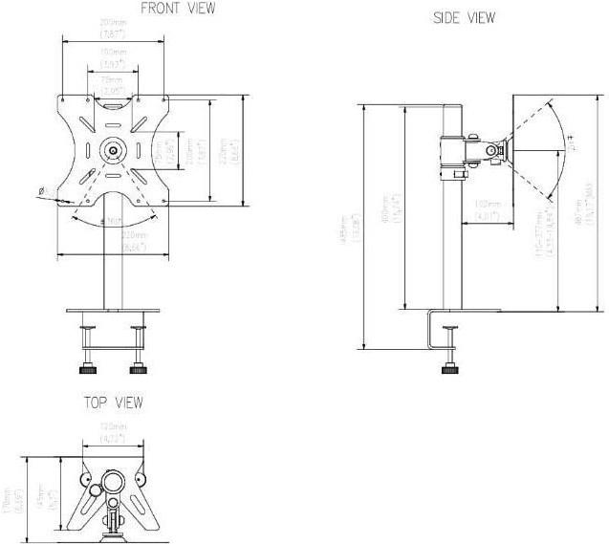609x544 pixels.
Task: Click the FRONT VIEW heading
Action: (178, 9)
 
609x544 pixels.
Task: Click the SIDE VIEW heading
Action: (465, 18)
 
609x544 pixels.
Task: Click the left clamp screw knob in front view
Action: (89, 366)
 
